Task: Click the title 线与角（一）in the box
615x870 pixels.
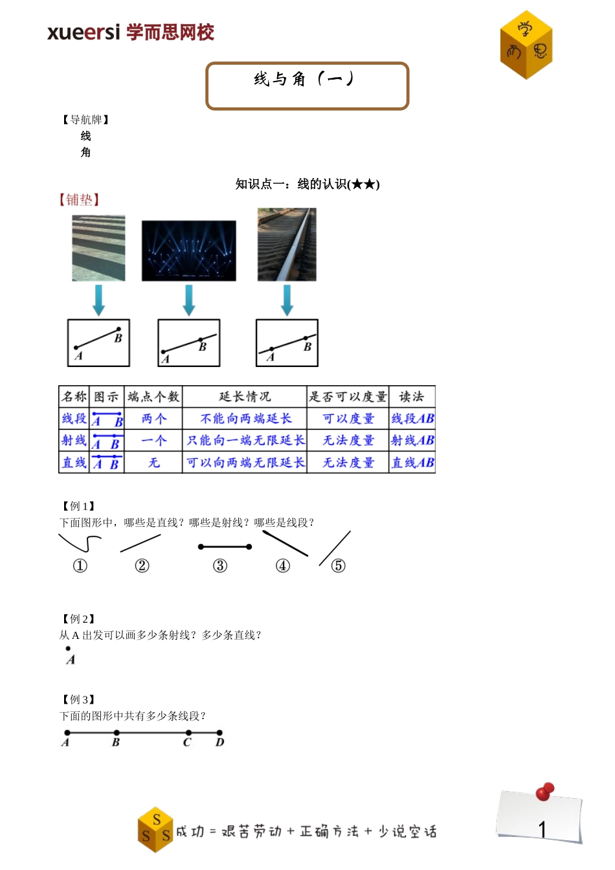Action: coord(304,79)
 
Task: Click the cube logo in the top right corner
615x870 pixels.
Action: coord(526,45)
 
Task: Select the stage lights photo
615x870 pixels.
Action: coord(188,251)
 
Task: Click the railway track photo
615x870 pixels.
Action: coord(287,244)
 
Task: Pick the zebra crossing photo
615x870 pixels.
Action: coord(98,248)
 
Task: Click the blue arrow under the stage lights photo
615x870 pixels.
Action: coord(188,300)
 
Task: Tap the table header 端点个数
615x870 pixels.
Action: coord(153,397)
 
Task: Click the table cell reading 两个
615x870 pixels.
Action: coord(153,419)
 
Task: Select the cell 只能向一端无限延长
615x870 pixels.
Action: coord(245,441)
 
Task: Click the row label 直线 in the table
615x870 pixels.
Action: coord(74,463)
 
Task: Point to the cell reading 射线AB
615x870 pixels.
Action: coord(412,441)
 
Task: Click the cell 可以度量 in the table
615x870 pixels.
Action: coord(348,419)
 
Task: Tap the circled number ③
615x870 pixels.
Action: coord(220,566)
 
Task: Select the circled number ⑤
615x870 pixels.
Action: coord(338,566)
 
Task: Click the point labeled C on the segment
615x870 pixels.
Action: coord(188,733)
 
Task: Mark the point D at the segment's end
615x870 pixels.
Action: coord(220,733)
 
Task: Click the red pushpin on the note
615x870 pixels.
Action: coord(545,791)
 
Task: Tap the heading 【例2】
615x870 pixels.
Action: coord(78,619)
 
